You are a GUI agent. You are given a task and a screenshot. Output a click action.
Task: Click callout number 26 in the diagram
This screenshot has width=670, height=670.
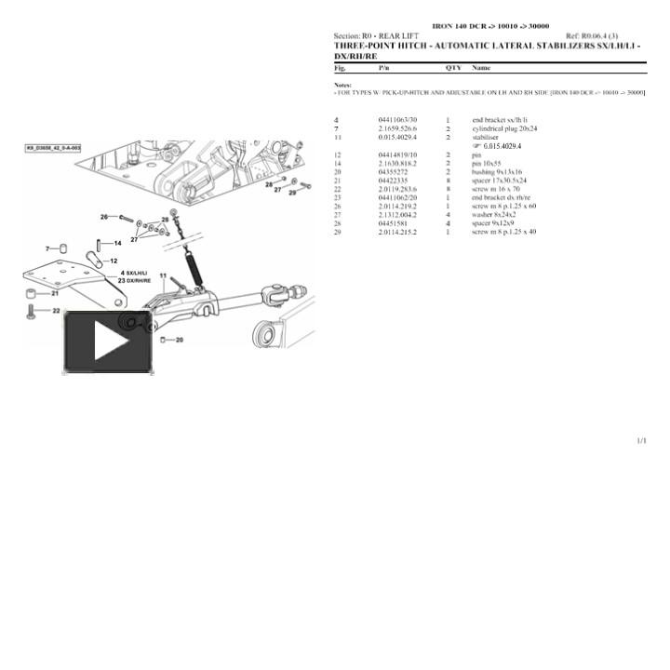104,217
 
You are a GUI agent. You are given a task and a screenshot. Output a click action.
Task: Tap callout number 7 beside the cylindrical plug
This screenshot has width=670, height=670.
48,248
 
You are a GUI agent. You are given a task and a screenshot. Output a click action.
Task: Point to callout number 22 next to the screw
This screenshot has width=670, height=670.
56,311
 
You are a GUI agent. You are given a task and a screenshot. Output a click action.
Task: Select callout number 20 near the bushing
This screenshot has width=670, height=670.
179,340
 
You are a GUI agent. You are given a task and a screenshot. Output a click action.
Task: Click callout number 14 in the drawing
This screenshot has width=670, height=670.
116,243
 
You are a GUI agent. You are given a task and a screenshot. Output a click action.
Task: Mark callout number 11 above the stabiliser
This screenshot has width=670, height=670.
163,276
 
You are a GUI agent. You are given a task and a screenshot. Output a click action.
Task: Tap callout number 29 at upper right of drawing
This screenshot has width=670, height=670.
291,193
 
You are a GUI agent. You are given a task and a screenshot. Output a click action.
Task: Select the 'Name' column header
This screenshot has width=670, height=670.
481,68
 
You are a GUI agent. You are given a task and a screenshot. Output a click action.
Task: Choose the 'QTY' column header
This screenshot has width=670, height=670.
452,68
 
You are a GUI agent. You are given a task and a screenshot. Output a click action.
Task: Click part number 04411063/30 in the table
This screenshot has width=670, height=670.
397,121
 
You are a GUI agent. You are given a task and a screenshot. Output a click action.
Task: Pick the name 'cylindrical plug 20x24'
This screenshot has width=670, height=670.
503,128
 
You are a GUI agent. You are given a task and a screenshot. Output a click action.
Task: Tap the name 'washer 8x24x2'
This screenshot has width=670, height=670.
493,215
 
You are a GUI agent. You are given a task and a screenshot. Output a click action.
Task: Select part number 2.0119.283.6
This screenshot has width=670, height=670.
397,189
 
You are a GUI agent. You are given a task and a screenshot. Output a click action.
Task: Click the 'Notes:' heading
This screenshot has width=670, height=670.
342,85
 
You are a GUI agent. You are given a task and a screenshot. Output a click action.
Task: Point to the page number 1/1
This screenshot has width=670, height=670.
641,440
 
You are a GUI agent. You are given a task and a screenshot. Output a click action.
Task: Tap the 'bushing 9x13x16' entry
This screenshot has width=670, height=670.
497,172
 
